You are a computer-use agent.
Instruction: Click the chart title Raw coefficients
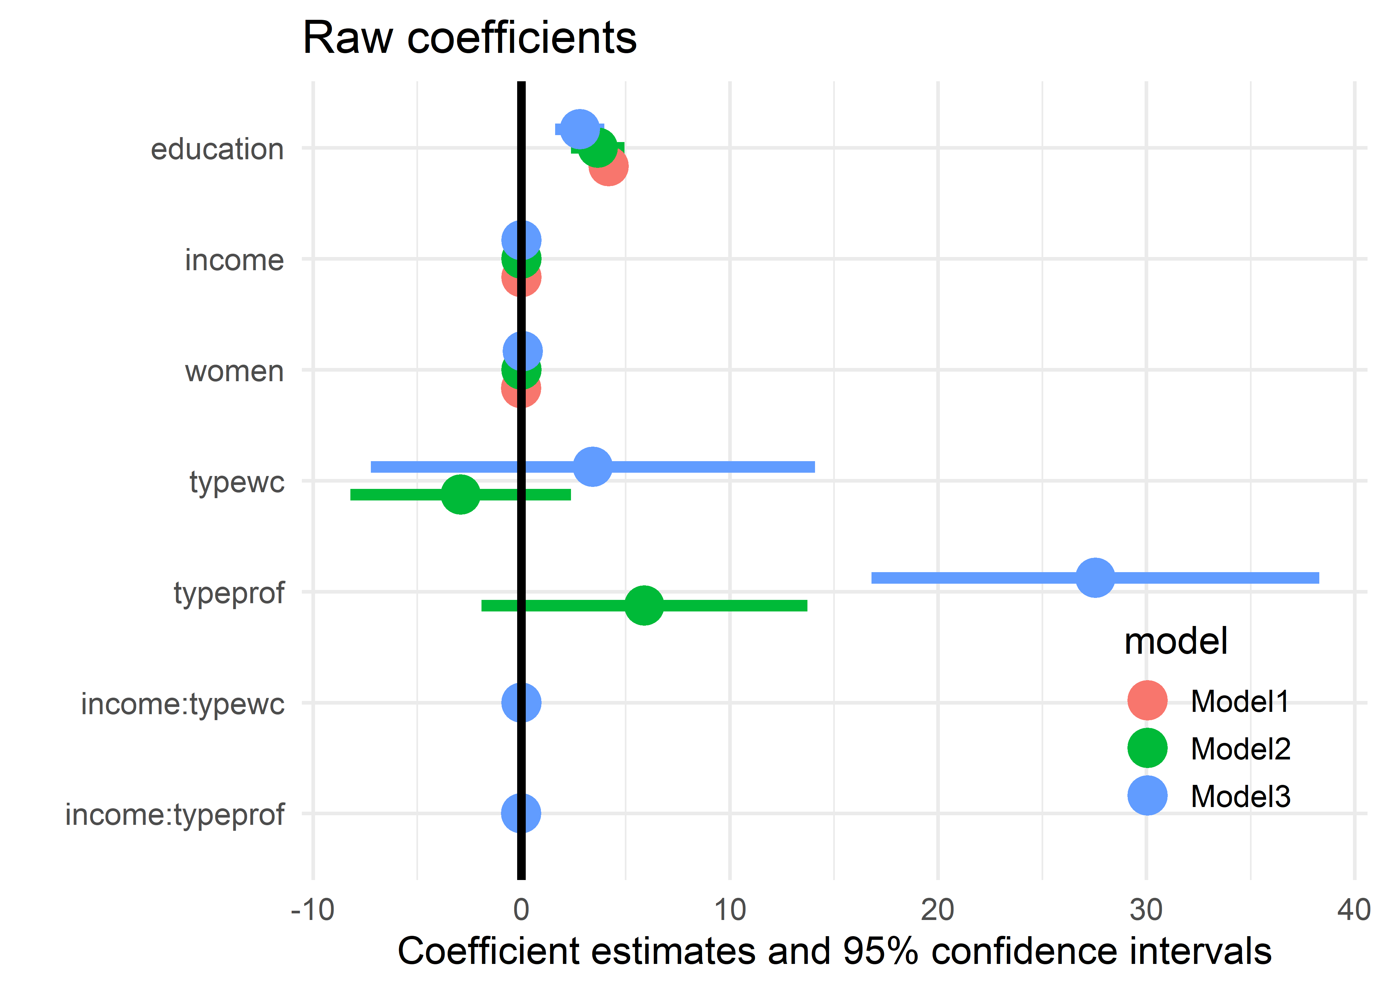tap(469, 38)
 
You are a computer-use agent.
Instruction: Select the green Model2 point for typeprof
tap(644, 606)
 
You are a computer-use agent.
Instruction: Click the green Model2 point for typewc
tap(460, 494)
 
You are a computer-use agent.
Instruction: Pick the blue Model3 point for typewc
tap(592, 467)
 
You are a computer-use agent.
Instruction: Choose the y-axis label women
tap(234, 371)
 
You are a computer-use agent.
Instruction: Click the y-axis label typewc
tap(237, 482)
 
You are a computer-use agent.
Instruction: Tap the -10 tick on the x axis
tap(312, 910)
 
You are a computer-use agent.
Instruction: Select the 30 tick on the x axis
tap(1146, 910)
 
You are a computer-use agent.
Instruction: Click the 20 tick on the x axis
tap(938, 910)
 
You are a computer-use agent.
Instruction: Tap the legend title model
tap(1175, 642)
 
